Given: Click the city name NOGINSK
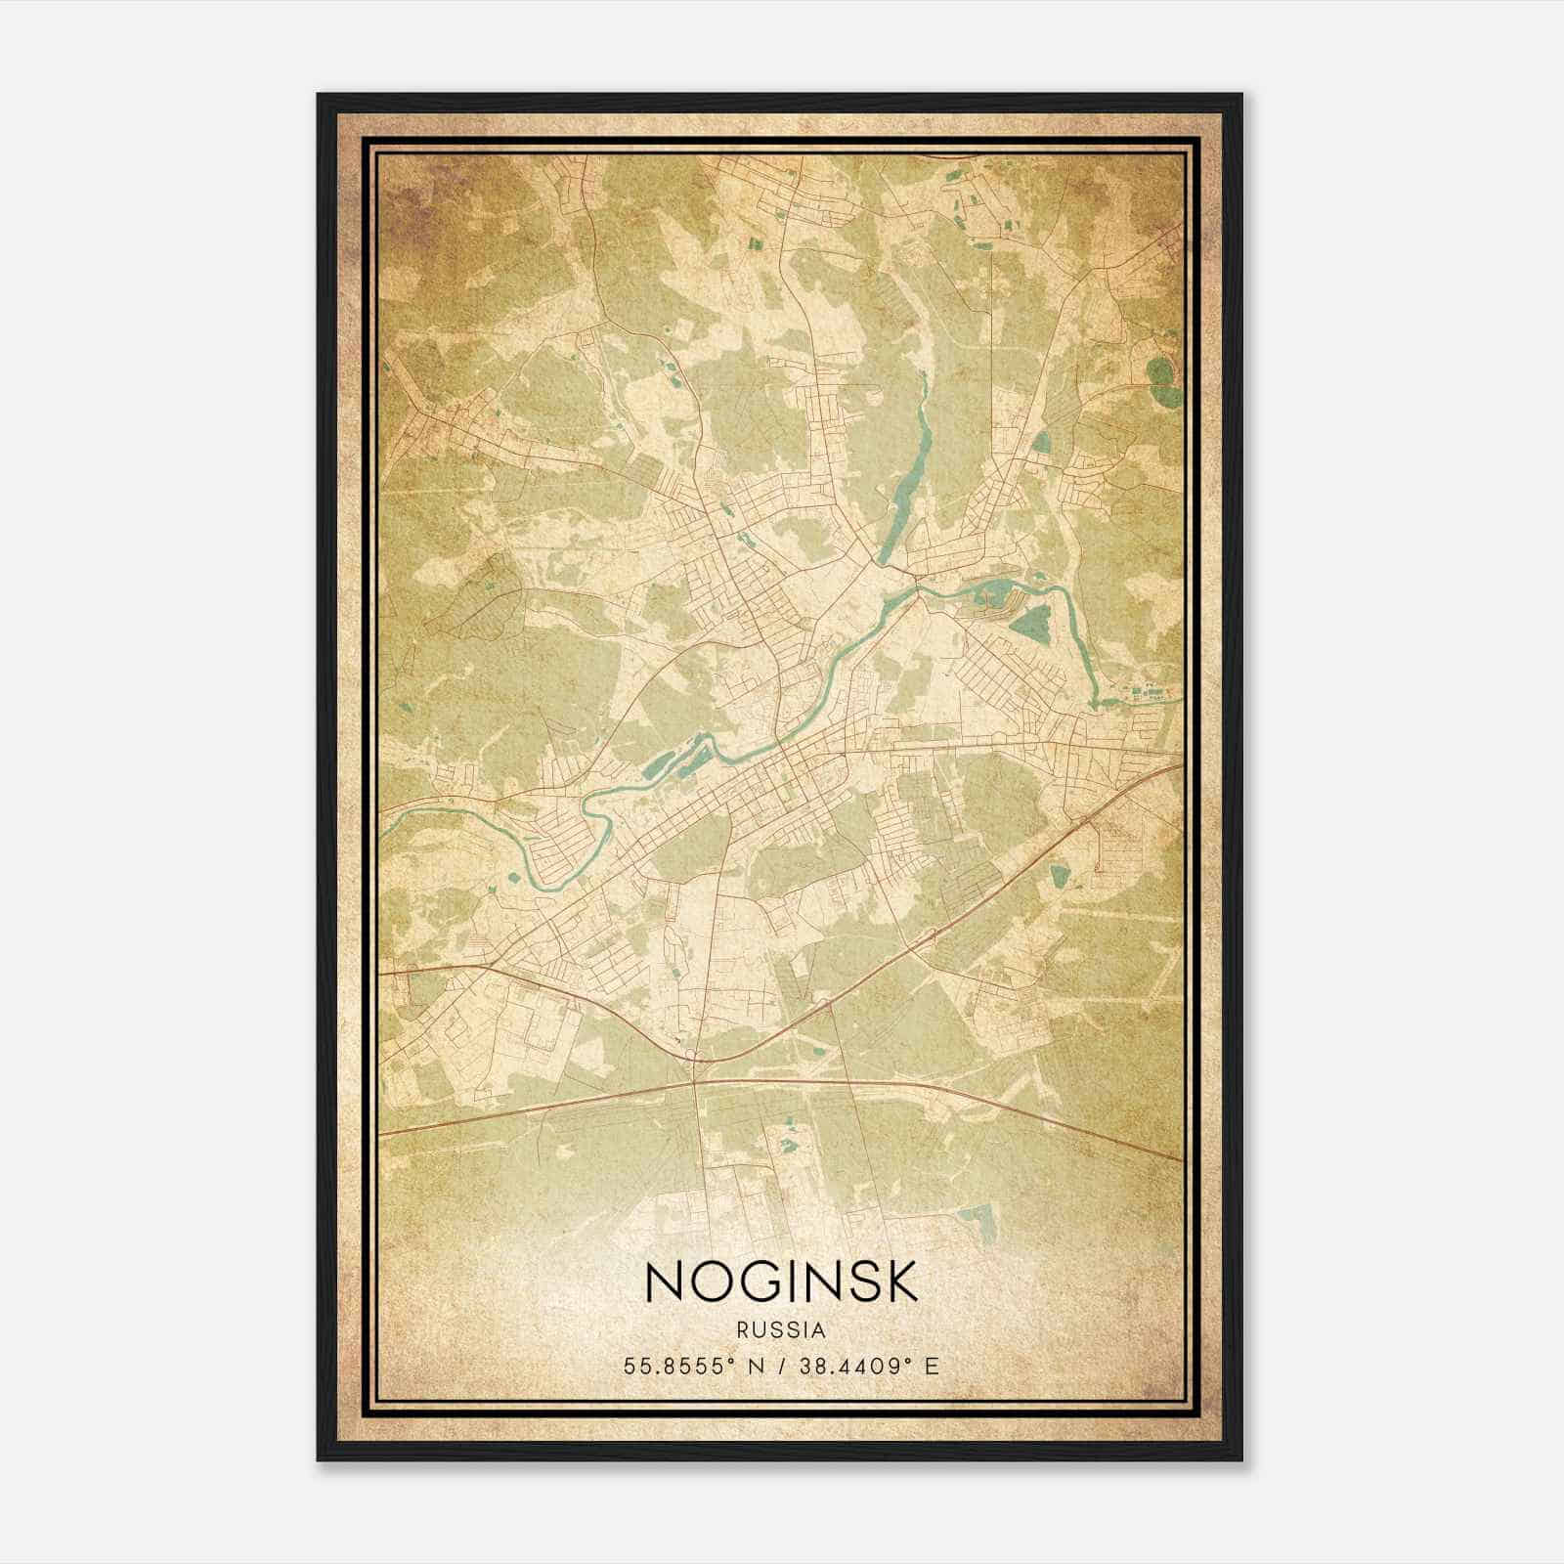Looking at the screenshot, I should click(782, 1281).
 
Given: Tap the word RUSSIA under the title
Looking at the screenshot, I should click(782, 1330).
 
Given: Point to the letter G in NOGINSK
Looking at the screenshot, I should click(768, 1281).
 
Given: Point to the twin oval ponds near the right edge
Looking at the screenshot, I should click(1161, 382).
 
